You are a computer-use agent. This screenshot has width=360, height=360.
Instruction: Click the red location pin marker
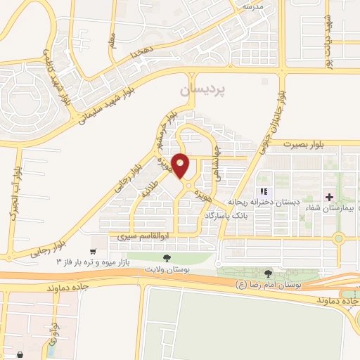181,166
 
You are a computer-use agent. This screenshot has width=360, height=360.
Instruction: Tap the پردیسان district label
205,90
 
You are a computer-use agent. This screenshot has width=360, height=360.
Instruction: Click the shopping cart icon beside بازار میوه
93,251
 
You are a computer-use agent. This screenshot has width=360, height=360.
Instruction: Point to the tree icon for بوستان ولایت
166,259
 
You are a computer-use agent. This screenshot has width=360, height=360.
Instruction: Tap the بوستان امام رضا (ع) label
270,285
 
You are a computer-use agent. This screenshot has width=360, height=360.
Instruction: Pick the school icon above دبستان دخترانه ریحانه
264,191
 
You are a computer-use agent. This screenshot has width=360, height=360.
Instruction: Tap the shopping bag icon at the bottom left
19,355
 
